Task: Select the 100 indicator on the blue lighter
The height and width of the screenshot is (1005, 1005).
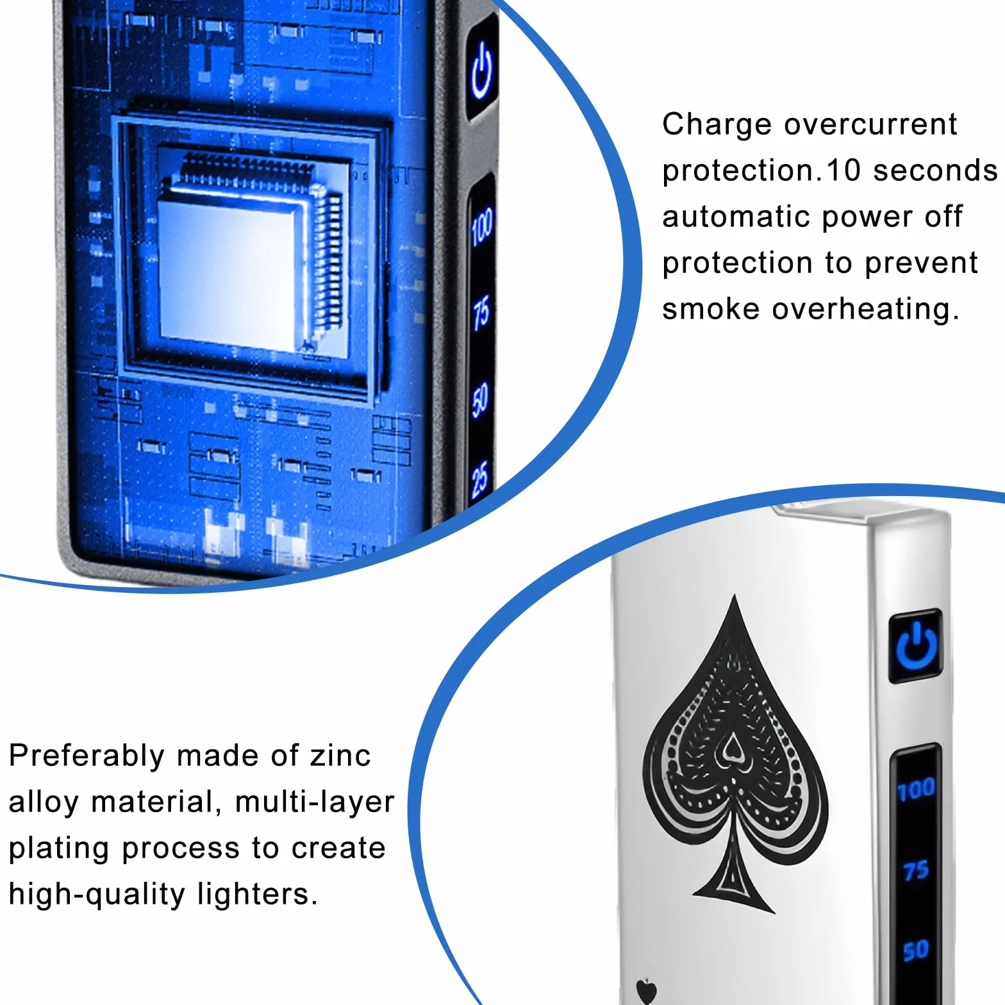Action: point(481,225)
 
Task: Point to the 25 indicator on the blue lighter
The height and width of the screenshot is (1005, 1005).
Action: point(480,478)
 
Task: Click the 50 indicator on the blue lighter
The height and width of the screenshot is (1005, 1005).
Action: point(480,399)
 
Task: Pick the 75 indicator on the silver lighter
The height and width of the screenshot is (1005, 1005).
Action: point(916,870)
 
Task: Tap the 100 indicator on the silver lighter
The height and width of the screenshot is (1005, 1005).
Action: point(916,789)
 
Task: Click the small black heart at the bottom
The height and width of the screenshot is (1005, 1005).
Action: point(647,991)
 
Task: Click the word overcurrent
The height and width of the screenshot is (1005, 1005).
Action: point(871,124)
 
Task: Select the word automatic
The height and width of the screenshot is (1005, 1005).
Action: point(736,217)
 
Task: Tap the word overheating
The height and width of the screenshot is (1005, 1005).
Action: point(865,310)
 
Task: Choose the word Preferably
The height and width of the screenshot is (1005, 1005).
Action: point(87,756)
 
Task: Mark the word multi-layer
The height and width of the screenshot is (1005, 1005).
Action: point(315,802)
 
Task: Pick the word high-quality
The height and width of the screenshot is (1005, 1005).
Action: point(97,895)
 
